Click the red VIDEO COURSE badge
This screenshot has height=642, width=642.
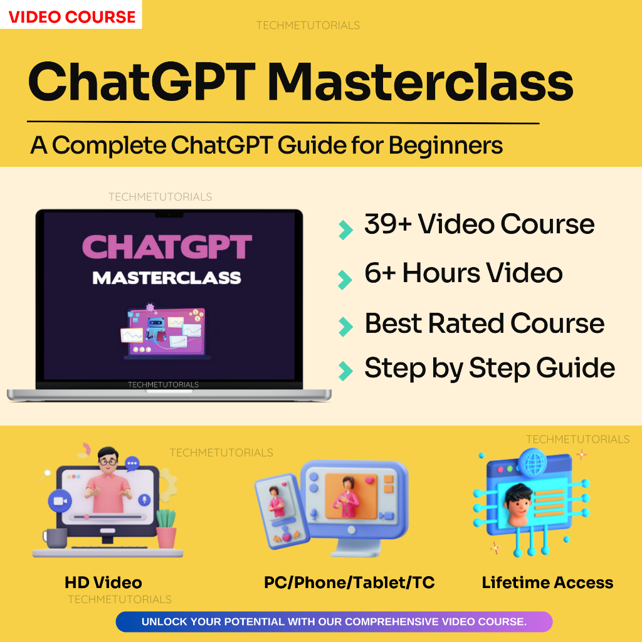pos(71,16)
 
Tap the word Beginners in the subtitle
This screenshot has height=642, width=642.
pos(446,145)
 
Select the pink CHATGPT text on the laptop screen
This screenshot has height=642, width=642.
pos(167,247)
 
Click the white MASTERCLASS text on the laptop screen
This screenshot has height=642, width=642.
pos(167,277)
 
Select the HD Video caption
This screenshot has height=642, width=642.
pos(103,582)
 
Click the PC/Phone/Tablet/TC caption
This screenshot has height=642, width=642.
pos(349,582)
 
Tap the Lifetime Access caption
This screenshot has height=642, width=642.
pos(547,582)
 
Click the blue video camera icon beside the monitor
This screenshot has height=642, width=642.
pos(60,501)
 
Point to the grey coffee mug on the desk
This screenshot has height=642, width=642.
pos(55,538)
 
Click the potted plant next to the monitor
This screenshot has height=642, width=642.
pos(166,529)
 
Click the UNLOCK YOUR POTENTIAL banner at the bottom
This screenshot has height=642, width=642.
pos(334,622)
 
